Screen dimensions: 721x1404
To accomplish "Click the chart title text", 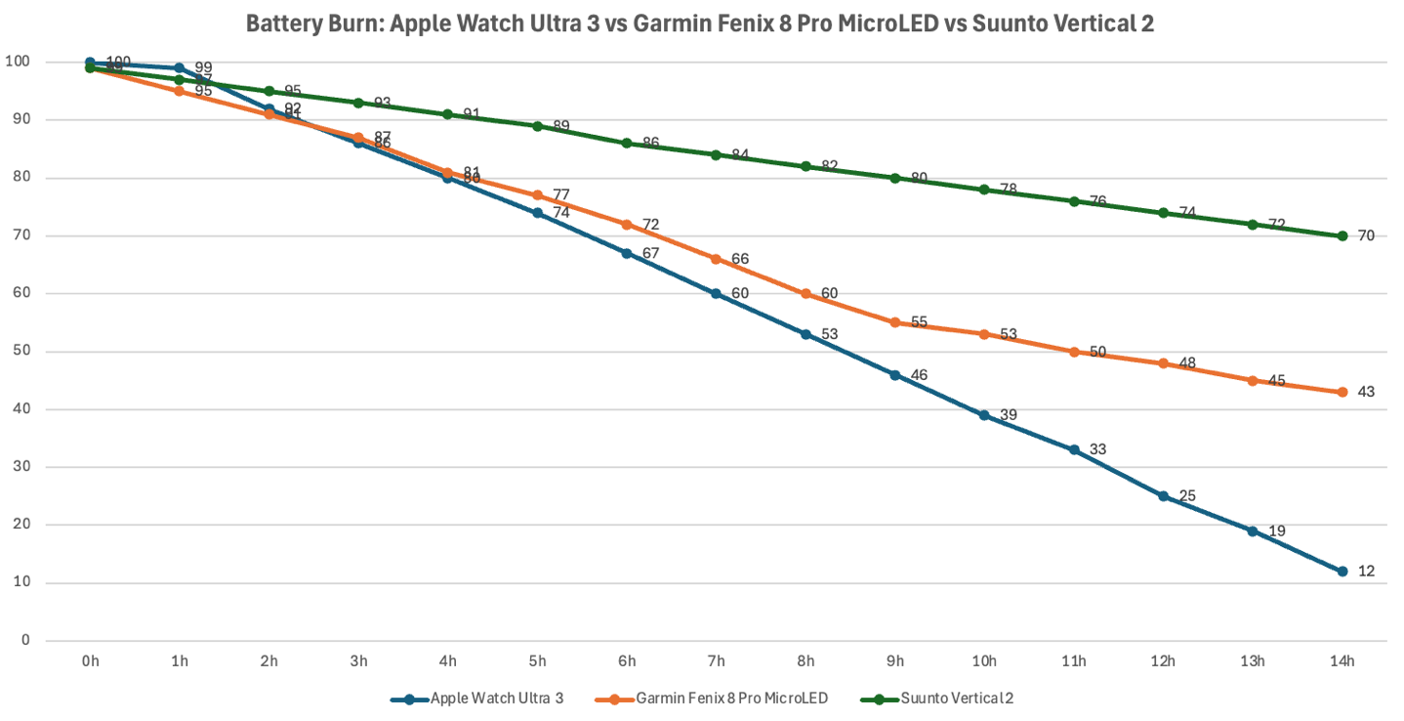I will [x=699, y=23].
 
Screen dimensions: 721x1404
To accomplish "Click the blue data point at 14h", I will [x=1342, y=572].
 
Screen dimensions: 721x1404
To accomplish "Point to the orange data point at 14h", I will [x=1342, y=392].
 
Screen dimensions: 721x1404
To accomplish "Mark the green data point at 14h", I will [x=1342, y=235].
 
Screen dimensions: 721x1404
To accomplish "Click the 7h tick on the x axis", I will [x=717, y=661].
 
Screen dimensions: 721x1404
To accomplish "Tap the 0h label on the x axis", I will [x=91, y=661].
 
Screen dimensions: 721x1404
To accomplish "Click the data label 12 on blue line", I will [x=1366, y=572].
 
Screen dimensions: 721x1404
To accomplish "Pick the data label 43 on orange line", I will [x=1366, y=392].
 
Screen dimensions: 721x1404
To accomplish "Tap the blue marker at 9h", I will [x=895, y=374].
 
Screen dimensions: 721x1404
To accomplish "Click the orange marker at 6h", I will [x=627, y=224].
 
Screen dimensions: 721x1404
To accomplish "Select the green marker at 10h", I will [x=984, y=190].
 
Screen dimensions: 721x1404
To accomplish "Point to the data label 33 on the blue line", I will [x=1097, y=449].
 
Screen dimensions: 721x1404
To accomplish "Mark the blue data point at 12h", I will [x=1163, y=496].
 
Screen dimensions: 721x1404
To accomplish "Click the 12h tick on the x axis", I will [x=1163, y=661].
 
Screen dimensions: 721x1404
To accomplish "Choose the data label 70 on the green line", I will [x=1366, y=235].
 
